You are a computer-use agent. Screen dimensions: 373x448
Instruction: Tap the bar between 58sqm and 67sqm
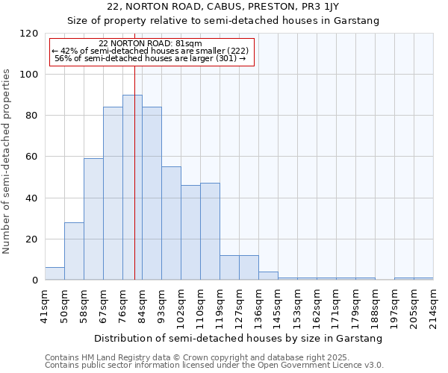point(93,219)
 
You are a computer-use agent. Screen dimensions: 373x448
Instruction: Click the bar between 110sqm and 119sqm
point(210,232)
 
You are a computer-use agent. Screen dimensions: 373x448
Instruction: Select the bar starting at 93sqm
point(171,224)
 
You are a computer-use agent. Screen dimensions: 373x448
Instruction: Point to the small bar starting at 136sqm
point(268,276)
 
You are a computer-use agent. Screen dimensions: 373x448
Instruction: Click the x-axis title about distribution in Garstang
point(239,338)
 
